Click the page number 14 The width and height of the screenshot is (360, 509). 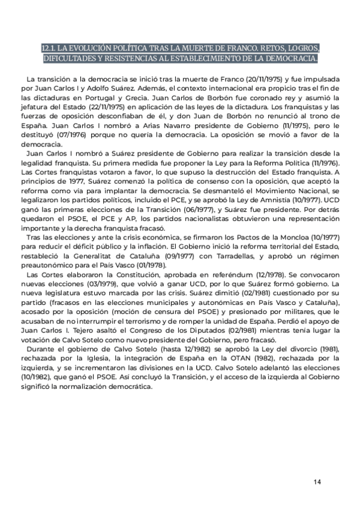pyautogui.click(x=317, y=481)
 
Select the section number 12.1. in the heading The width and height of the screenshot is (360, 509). pyautogui.click(x=50, y=48)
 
